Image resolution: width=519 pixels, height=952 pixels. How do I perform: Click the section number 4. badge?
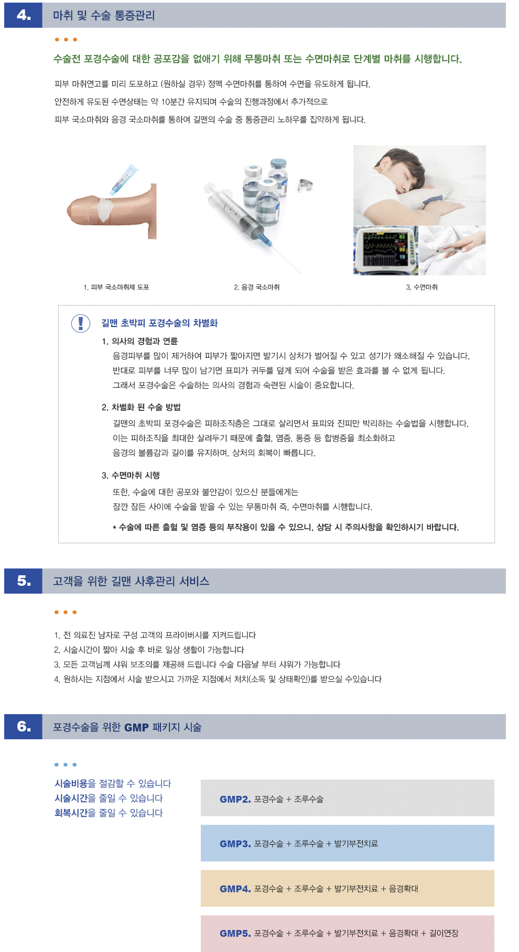coord(24,15)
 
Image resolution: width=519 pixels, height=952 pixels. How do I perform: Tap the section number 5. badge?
coord(24,581)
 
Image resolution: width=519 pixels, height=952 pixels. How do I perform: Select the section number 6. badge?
coord(24,727)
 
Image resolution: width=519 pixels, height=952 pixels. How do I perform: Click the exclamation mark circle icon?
coord(81,323)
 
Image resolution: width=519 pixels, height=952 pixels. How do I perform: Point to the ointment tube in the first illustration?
coord(124,179)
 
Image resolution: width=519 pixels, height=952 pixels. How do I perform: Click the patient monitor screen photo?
coord(385,250)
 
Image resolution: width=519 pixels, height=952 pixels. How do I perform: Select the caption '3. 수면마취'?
coord(421,287)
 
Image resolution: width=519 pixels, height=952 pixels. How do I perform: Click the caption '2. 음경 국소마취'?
coord(256,287)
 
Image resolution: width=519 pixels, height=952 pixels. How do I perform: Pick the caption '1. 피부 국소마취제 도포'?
coord(116,287)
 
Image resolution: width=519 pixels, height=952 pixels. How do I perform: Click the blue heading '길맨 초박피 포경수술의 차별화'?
coord(159,323)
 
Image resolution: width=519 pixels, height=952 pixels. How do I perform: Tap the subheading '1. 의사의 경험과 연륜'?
coord(139,341)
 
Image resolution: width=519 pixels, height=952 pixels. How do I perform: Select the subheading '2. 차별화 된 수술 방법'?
coord(141,407)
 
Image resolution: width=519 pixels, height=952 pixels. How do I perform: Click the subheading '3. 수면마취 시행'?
coord(131,475)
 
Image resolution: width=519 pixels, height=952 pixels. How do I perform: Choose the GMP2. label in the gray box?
coord(235,799)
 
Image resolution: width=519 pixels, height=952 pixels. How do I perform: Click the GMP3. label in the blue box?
coord(235,844)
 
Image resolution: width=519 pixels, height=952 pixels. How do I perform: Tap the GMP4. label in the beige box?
coord(235,889)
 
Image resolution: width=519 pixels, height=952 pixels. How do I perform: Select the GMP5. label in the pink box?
coord(235,933)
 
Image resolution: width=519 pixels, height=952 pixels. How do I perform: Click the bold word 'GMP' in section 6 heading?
coord(136,727)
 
